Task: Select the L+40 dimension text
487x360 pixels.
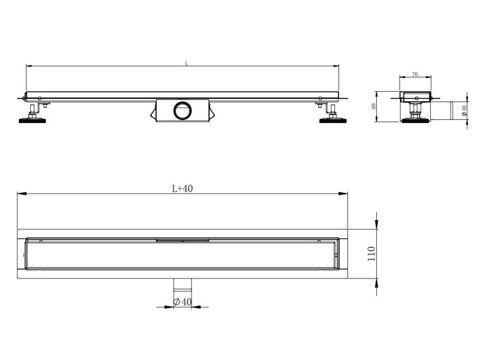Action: click(183, 189)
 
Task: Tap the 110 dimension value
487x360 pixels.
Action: click(371, 255)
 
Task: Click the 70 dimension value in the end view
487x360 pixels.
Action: click(415, 75)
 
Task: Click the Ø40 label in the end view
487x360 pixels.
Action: click(463, 111)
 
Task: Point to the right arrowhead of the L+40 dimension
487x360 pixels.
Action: click(345, 194)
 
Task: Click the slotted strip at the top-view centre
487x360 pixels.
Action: click(183, 241)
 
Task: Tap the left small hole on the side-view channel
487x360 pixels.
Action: click(40, 98)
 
